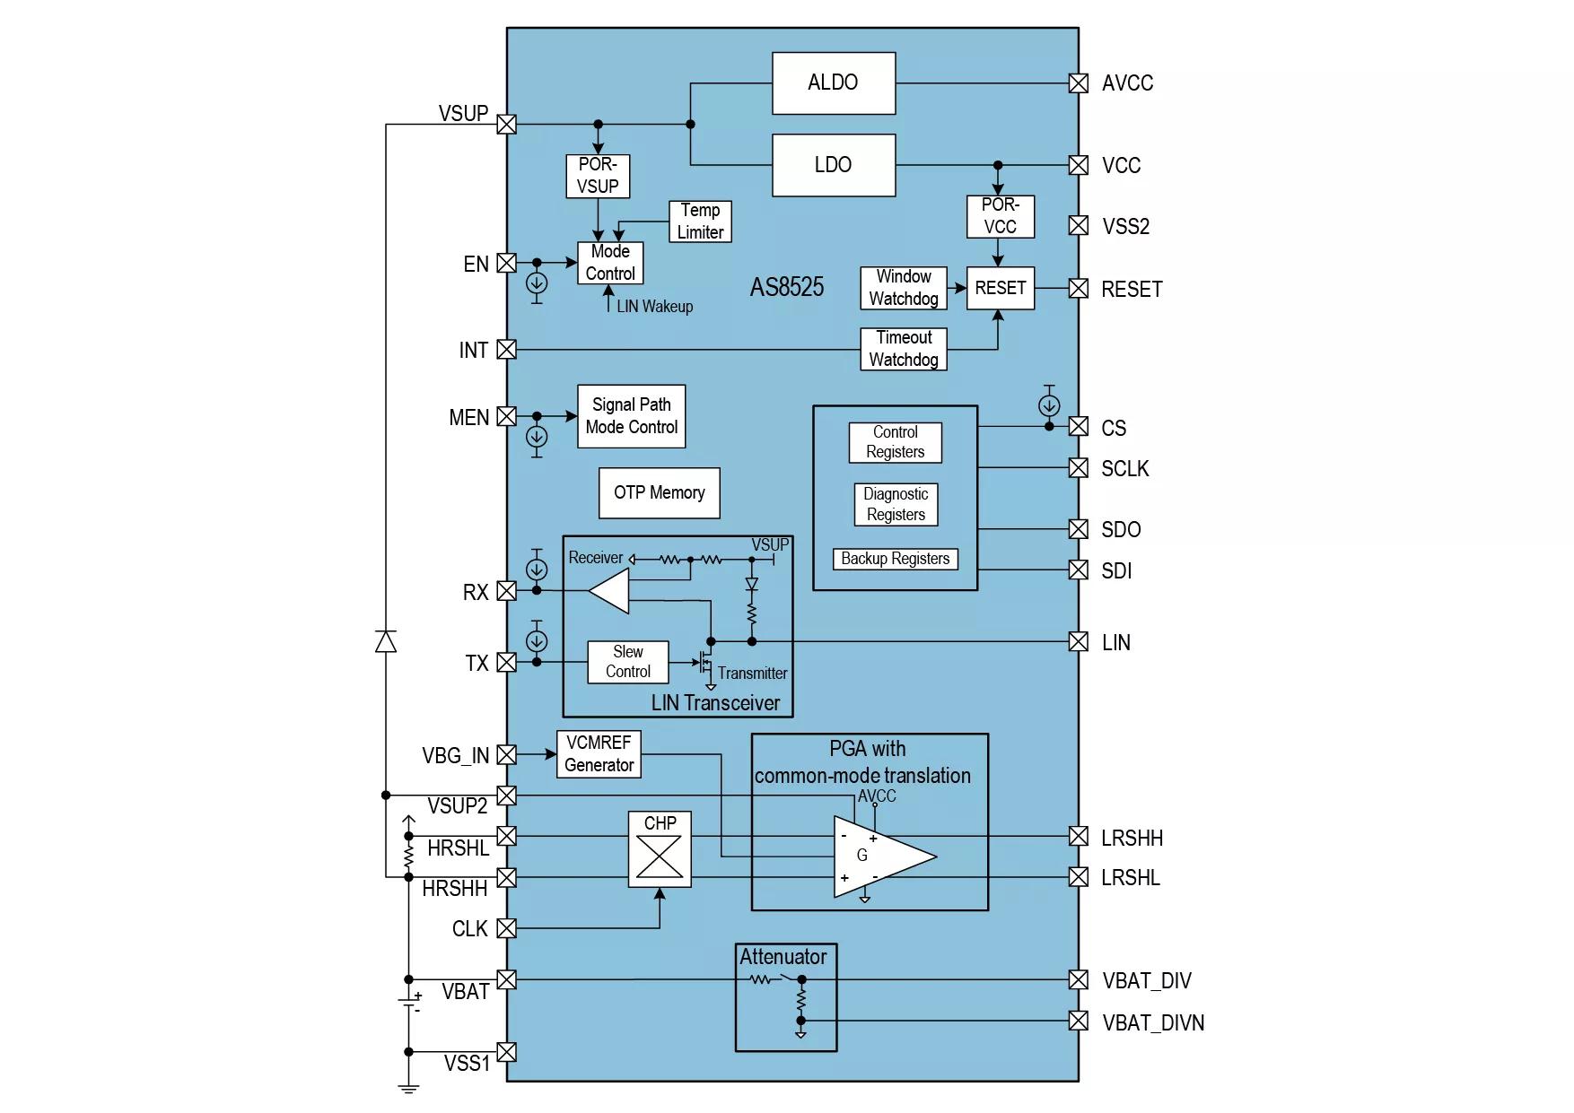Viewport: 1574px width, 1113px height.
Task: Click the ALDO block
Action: point(833,83)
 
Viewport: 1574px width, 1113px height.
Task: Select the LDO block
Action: point(833,165)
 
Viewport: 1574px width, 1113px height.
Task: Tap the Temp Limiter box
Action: point(700,222)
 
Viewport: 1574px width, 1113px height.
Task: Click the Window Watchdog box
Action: point(904,288)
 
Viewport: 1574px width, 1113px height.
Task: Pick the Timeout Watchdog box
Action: point(904,349)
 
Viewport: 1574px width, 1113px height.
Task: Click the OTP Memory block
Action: point(660,493)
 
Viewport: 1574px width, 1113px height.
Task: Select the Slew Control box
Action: point(628,662)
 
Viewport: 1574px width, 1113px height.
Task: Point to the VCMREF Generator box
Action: point(599,754)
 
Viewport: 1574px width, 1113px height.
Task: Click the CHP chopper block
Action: point(660,849)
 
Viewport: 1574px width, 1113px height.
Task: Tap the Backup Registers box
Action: point(896,559)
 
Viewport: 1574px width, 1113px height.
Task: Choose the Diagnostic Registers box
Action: point(896,505)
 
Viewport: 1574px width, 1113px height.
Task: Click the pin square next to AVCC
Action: point(1079,83)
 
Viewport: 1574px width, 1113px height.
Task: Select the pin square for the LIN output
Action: point(1079,642)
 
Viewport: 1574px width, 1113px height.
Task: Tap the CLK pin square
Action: point(506,928)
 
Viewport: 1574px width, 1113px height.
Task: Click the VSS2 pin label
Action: point(1125,227)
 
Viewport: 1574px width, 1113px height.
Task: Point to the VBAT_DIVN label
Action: point(1153,1023)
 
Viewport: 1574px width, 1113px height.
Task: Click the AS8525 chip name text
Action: point(787,287)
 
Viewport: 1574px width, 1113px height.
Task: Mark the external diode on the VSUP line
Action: point(386,641)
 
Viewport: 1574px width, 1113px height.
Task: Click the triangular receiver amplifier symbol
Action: point(608,591)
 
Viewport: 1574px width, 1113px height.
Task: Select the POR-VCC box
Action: point(1001,217)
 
